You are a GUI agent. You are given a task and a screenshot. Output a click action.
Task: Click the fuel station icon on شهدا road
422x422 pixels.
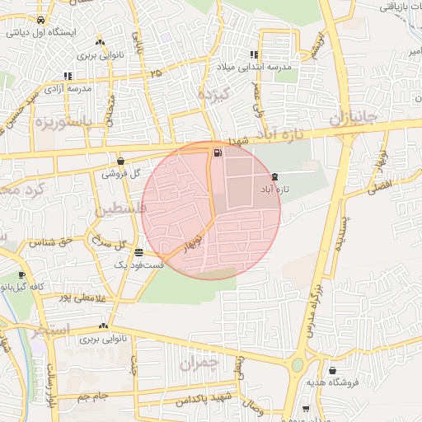pyautogui.click(x=217, y=152)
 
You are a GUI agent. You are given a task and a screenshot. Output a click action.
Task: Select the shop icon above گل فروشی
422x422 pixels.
pyautogui.click(x=122, y=162)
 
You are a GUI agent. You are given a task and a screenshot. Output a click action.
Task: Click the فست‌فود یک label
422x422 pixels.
pyautogui.click(x=132, y=265)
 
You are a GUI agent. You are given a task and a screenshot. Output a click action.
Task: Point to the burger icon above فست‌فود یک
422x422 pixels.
pyautogui.click(x=138, y=252)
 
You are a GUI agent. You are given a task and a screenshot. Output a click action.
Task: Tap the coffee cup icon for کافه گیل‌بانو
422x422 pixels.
pyautogui.click(x=22, y=275)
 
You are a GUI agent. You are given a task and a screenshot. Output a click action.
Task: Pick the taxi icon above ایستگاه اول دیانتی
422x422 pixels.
pyautogui.click(x=41, y=21)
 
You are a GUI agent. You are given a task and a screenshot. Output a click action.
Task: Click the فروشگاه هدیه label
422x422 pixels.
pyautogui.click(x=329, y=382)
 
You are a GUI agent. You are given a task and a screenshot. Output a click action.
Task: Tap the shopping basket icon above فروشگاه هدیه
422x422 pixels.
pyautogui.click(x=332, y=370)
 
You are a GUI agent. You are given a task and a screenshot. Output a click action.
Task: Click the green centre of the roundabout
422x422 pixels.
pyautogui.click(x=297, y=364)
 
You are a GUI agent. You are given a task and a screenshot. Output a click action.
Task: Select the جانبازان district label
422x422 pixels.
pyautogui.click(x=354, y=120)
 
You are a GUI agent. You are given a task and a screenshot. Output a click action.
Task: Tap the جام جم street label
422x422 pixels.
pyautogui.click(x=93, y=397)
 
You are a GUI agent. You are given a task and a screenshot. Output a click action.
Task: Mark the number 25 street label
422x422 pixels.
pyautogui.click(x=156, y=74)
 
